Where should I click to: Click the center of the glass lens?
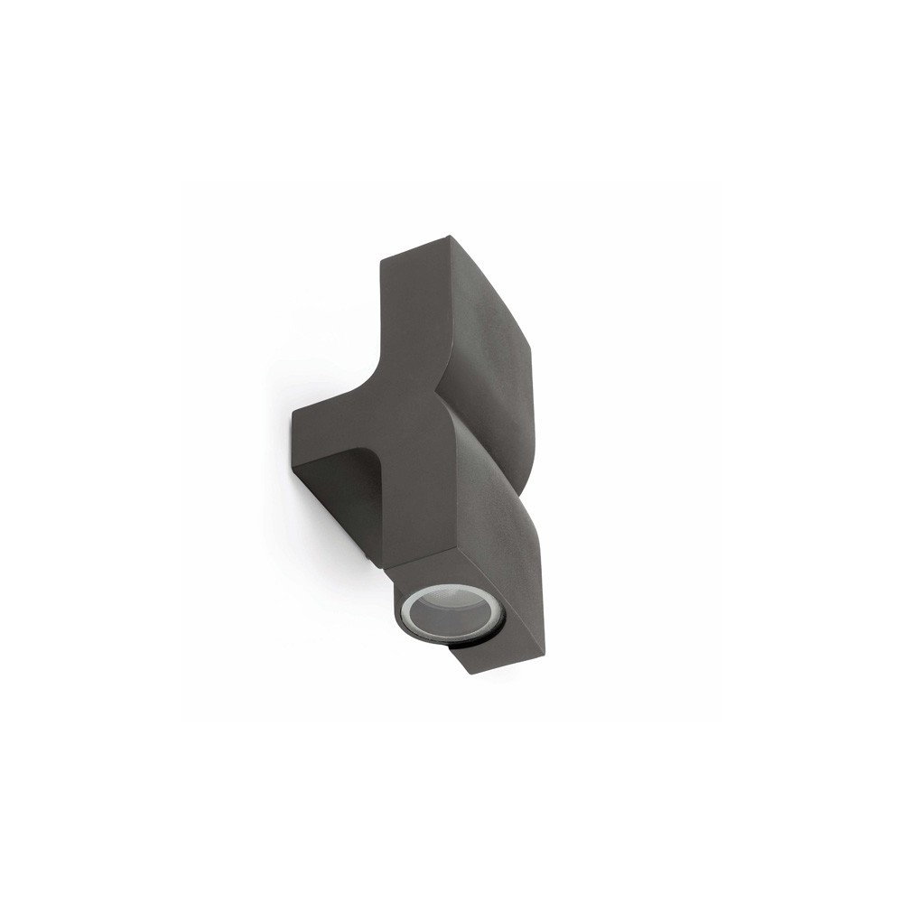point(425,611)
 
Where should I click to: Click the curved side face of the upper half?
point(492,325)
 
